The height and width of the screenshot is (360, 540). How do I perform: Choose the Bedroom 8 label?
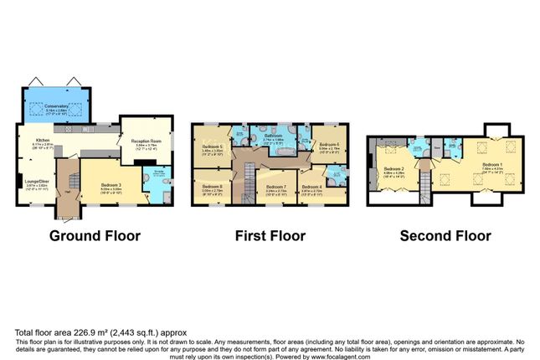213,186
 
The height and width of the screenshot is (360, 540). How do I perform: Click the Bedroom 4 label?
311,187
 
